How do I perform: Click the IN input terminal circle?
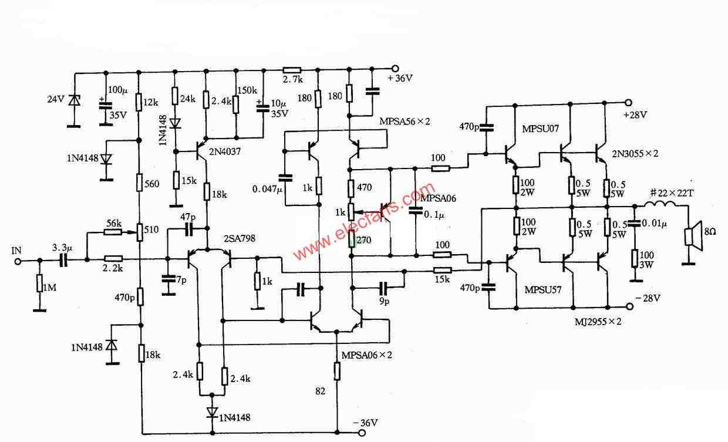pyautogui.click(x=18, y=261)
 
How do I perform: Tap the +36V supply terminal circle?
pyautogui.click(x=395, y=69)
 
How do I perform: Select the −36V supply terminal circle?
pyautogui.click(x=362, y=433)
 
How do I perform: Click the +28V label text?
pyautogui.click(x=635, y=115)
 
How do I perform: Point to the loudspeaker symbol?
pyautogui.click(x=693, y=237)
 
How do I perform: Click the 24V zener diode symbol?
pyautogui.click(x=75, y=100)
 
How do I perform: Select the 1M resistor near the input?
pyautogui.click(x=40, y=283)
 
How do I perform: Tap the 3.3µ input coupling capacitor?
pyautogui.click(x=63, y=260)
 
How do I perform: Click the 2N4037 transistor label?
pyautogui.click(x=225, y=151)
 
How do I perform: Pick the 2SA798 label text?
pyautogui.click(x=240, y=238)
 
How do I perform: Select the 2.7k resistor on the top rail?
pyautogui.click(x=292, y=69)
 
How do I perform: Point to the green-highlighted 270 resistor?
pyautogui.click(x=351, y=239)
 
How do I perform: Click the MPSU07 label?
pyautogui.click(x=541, y=129)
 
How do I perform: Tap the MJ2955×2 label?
pyautogui.click(x=598, y=322)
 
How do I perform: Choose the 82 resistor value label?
pyautogui.click(x=320, y=391)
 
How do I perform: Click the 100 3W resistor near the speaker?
pyautogui.click(x=634, y=259)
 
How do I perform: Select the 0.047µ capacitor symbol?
pyautogui.click(x=285, y=177)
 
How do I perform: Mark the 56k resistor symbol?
pyautogui.click(x=113, y=232)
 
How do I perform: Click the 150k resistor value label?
pyautogui.click(x=247, y=90)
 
